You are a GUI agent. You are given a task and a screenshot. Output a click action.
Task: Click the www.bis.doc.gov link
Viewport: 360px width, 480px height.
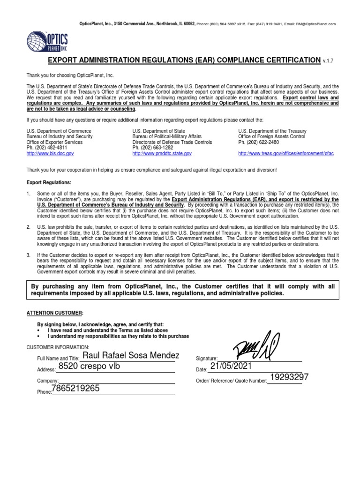point(50,154)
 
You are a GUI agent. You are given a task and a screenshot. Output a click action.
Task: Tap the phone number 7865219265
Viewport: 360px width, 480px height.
point(76,389)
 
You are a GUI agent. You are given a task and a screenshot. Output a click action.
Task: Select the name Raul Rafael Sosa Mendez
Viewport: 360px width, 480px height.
point(130,356)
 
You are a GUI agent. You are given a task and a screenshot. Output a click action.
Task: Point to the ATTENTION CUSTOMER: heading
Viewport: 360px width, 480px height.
point(54,313)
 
